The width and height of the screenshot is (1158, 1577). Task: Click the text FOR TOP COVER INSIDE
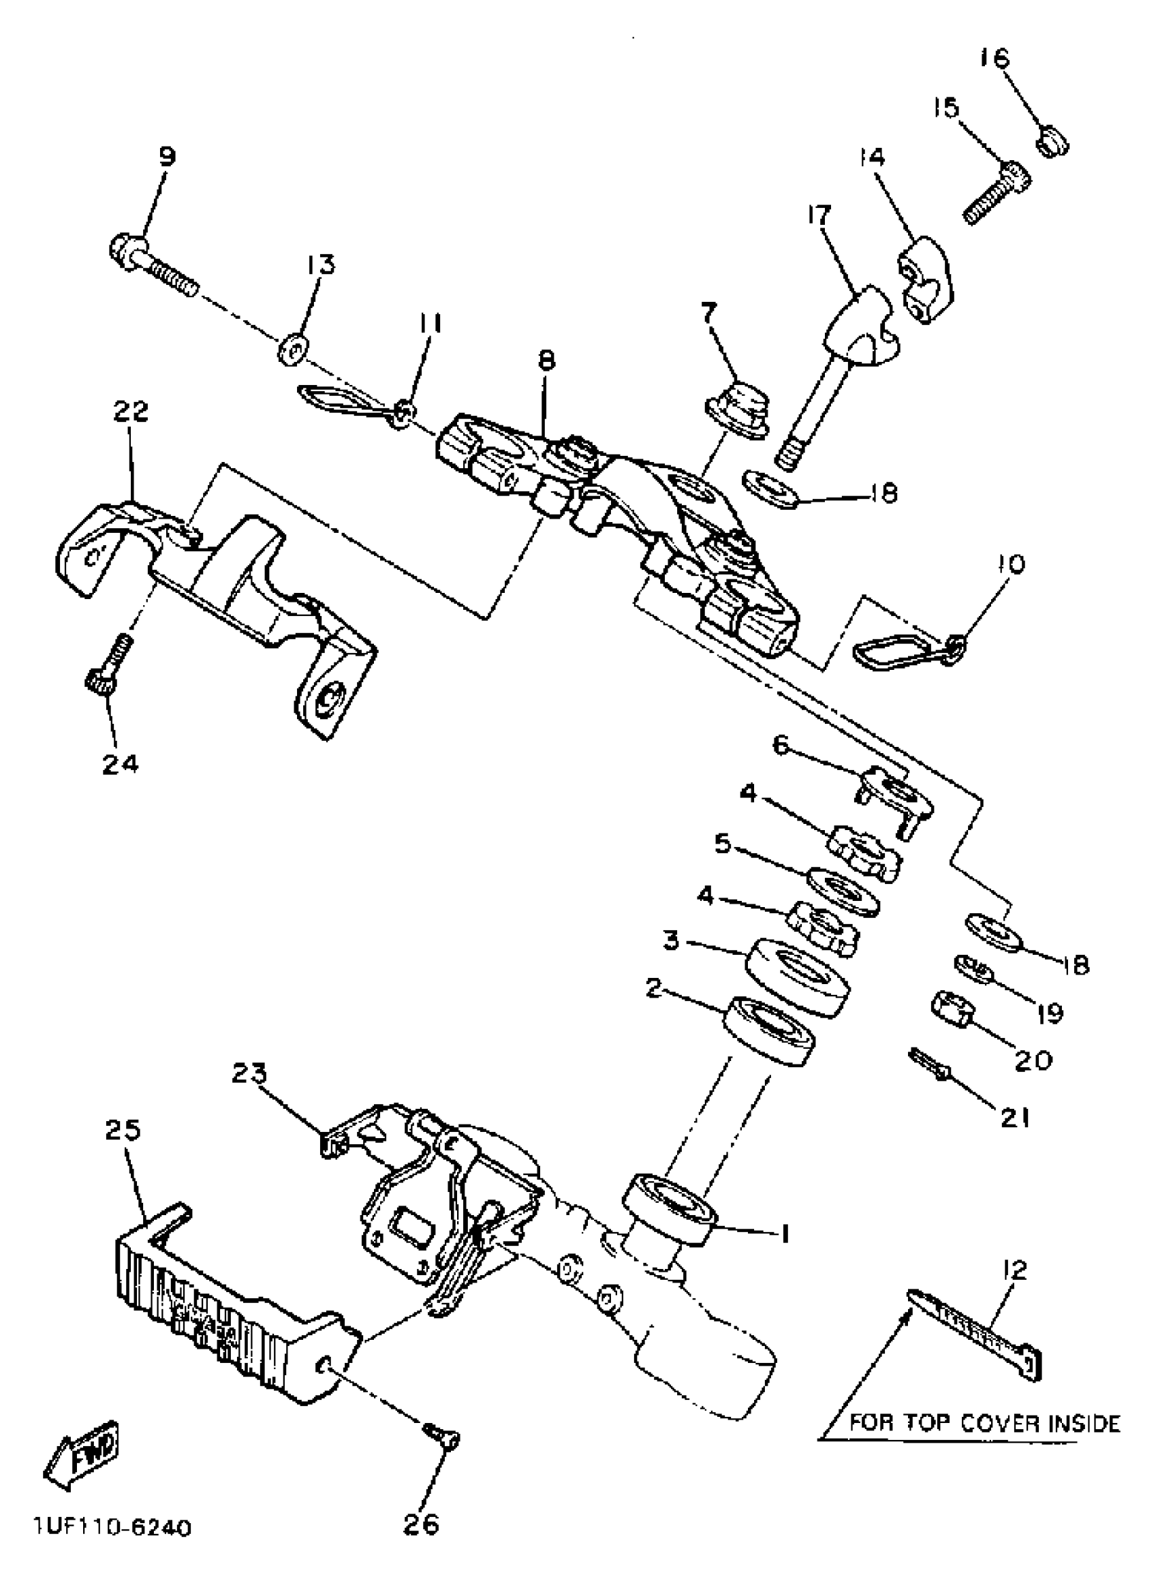tap(985, 1424)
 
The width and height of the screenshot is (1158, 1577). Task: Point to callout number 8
tap(547, 361)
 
